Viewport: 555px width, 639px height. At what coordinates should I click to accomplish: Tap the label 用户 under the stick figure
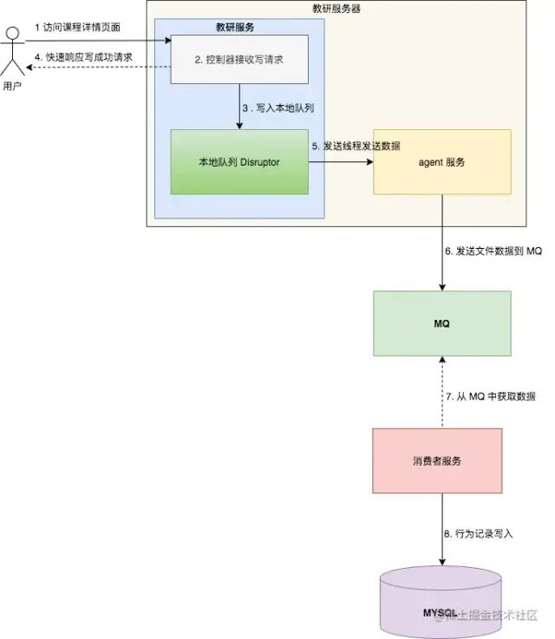12,86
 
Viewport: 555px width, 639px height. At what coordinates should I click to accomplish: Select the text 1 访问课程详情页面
77,28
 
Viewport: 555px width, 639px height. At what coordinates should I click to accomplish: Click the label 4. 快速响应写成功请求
83,57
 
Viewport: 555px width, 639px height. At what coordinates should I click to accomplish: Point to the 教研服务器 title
336,10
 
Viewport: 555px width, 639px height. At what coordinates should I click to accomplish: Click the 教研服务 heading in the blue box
235,28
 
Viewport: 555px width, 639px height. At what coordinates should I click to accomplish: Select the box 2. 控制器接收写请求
239,60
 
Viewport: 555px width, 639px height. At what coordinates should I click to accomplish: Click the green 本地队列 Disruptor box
239,162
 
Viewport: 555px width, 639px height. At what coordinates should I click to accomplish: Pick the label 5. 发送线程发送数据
356,146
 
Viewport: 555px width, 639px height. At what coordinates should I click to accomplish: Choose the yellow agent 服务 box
441,162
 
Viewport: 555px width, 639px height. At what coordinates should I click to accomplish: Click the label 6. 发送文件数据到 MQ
493,251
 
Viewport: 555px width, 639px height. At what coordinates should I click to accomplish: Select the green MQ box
441,323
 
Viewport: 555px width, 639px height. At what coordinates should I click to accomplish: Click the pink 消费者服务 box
438,460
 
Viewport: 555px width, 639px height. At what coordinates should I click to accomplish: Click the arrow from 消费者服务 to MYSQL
442,529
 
